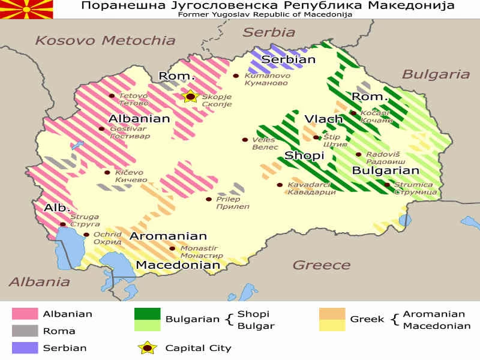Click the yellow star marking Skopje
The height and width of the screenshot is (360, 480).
(190, 96)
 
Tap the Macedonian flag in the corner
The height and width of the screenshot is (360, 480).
(26, 9)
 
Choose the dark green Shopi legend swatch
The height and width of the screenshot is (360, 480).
(147, 313)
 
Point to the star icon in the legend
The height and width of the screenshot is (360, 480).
(147, 347)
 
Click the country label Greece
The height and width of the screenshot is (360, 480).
(321, 265)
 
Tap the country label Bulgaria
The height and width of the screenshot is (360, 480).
(435, 74)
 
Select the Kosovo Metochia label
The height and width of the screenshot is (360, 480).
(105, 40)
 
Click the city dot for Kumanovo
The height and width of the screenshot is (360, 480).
(236, 76)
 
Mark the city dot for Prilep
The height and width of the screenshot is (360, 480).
(209, 199)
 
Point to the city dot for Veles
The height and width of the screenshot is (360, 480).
(245, 140)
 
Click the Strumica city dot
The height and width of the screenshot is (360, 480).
(387, 185)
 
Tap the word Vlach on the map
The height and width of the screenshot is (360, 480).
(323, 119)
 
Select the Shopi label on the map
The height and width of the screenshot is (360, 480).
(304, 155)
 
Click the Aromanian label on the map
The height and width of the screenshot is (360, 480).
(168, 236)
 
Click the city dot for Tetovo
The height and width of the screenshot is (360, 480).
(112, 96)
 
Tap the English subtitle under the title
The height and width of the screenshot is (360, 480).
(265, 14)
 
